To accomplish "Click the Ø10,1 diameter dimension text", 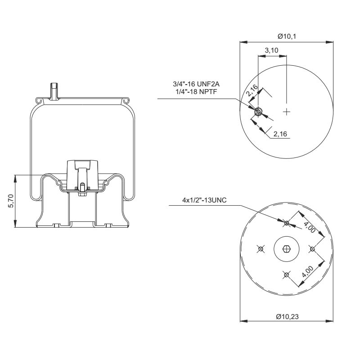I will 287,36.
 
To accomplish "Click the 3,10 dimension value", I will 271,50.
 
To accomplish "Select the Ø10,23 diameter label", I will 287,316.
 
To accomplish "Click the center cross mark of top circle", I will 287,111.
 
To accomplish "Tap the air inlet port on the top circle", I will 258,112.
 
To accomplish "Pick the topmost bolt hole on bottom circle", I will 287,222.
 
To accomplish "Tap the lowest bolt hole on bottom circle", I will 286,274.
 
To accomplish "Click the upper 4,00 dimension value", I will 309,226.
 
